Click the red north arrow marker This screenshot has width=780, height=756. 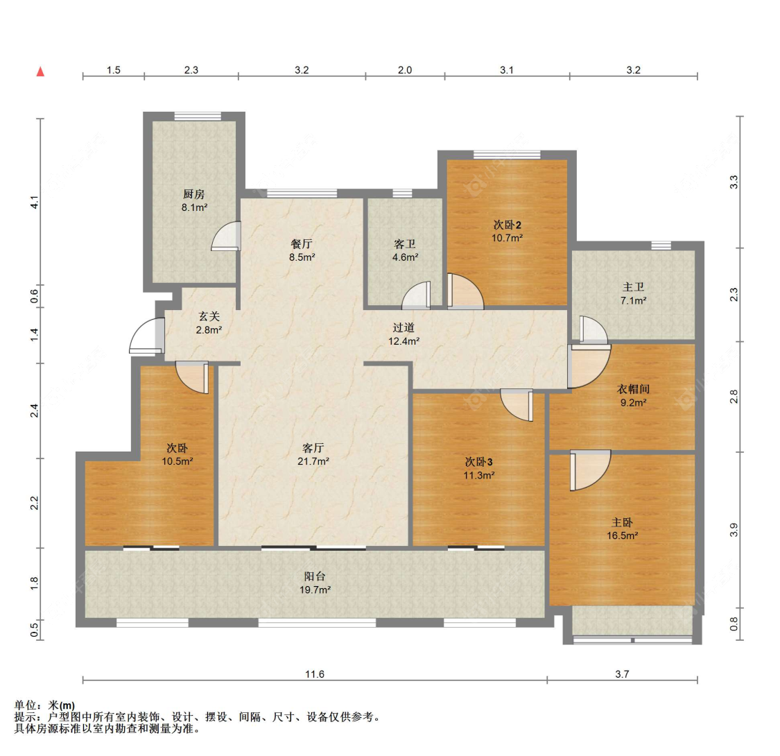pyautogui.click(x=40, y=71)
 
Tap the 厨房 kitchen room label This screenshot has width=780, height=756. pyautogui.click(x=194, y=194)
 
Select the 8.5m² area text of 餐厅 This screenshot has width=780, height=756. pyautogui.click(x=302, y=257)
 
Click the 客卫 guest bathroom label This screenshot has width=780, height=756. pyautogui.click(x=405, y=244)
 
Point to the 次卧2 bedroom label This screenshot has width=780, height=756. pyautogui.click(x=507, y=225)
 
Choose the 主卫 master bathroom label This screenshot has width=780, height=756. pyautogui.click(x=633, y=287)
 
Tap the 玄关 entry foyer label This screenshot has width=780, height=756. pyautogui.click(x=209, y=316)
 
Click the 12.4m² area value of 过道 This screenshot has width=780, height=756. pyautogui.click(x=404, y=341)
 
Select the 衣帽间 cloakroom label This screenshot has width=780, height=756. pyautogui.click(x=633, y=389)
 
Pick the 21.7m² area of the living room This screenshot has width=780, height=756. pyautogui.click(x=313, y=461)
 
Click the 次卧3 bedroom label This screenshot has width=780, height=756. pyautogui.click(x=478, y=463)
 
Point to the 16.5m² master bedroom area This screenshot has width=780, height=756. pyautogui.click(x=623, y=536)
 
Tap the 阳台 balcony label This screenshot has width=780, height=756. pyautogui.click(x=315, y=576)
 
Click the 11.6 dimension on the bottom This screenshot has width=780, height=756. pyautogui.click(x=314, y=674)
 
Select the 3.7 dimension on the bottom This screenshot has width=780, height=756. pyautogui.click(x=622, y=674)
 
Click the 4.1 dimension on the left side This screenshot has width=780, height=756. pyautogui.click(x=35, y=203)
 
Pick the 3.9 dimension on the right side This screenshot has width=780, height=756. pyautogui.click(x=734, y=530)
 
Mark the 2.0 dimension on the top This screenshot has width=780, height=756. pyautogui.click(x=405, y=70)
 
